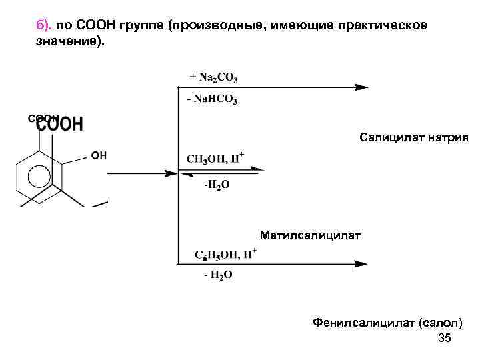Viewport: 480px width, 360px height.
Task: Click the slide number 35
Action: [445, 339]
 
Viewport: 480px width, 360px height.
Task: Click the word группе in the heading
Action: [141, 25]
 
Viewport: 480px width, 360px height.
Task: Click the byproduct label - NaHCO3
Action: [212, 99]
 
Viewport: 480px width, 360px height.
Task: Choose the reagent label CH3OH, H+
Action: [215, 159]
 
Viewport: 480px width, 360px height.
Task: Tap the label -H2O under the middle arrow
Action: [217, 185]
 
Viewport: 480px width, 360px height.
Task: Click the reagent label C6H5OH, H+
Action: [225, 254]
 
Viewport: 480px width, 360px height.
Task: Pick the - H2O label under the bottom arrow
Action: [217, 275]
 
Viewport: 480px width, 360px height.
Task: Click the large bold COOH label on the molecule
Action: [60, 124]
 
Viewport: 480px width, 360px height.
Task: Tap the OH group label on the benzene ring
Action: [99, 156]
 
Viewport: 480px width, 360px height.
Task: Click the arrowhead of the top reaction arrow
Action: [361, 87]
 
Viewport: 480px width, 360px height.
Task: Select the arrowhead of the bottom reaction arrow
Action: [360, 264]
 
